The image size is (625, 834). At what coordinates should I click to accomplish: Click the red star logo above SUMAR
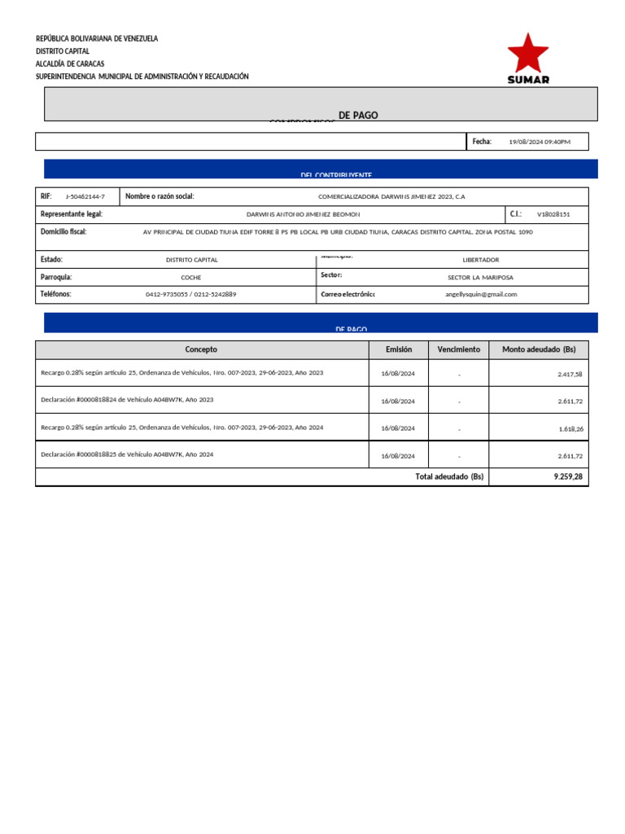528,54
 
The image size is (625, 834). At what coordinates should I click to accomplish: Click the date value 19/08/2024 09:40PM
540,142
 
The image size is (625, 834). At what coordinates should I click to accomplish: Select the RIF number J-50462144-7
85,197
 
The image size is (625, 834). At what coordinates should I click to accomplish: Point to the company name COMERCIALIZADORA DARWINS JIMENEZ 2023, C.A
391,197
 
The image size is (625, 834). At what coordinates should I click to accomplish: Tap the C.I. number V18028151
553,214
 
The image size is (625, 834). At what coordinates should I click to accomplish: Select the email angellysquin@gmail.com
481,294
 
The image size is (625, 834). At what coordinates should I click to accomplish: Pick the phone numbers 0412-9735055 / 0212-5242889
191,294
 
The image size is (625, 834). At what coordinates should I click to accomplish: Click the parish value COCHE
191,277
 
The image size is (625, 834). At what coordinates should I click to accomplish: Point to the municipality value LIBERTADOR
481,260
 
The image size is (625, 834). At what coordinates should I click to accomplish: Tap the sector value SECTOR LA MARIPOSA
481,277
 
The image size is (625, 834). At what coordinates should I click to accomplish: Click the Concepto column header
201,349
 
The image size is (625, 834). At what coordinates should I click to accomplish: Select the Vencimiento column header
459,349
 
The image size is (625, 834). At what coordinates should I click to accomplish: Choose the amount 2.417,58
570,374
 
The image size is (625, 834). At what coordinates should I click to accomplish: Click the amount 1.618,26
570,428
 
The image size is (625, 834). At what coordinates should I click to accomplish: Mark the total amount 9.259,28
567,476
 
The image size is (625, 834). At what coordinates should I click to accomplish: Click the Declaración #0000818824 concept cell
127,400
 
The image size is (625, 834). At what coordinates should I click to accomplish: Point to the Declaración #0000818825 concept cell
127,454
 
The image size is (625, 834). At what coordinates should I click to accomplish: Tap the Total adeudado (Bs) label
449,476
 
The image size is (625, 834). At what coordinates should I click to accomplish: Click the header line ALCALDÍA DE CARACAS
70,64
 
